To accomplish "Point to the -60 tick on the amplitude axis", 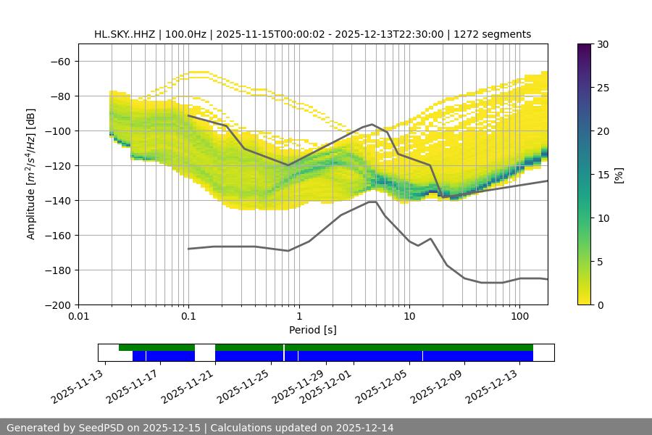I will [64, 61].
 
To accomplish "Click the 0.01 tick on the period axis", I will [78, 316].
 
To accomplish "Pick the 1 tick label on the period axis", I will [298, 316].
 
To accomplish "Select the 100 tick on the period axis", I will [519, 316].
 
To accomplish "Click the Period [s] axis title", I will [312, 330].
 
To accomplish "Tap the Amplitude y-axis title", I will [31, 174].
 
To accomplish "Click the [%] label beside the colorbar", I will [619, 175].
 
